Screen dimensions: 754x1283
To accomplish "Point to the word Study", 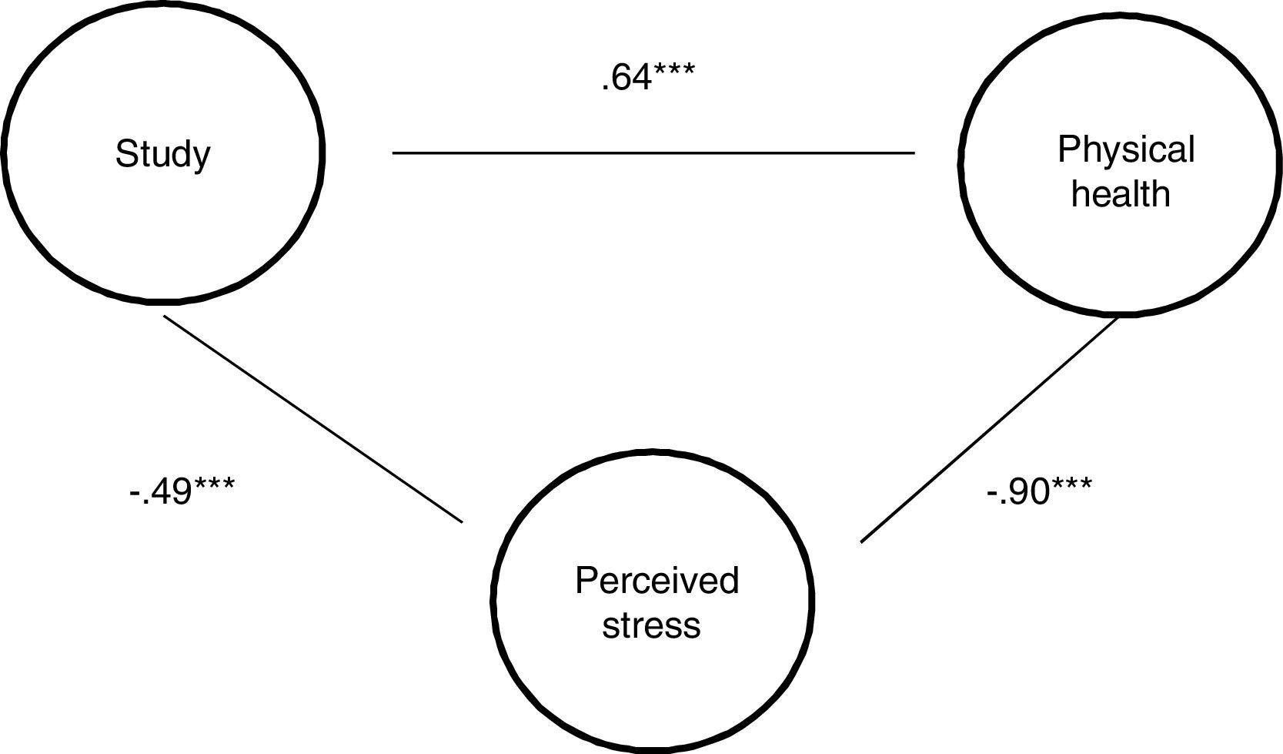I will click(162, 154).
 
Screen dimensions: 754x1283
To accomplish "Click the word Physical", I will click(1125, 149).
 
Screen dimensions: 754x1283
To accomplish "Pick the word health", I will click(1121, 194).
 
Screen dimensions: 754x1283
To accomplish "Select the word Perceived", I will click(657, 581).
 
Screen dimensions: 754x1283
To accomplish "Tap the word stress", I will click(651, 625).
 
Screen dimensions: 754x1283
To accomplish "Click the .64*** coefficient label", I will click(647, 78).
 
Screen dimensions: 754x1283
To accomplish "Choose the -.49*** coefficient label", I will click(182, 491).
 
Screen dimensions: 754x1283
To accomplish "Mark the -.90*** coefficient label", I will click(1038, 491).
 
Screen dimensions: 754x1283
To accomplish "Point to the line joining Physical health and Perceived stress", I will click(989, 430).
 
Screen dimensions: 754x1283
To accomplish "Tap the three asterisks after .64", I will click(674, 72).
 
